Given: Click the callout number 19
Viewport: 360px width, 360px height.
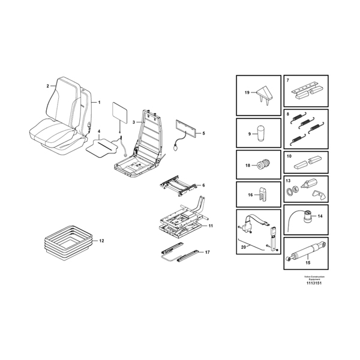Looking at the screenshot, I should point(246,93).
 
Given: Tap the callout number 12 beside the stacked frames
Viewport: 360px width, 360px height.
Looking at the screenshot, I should point(101,241).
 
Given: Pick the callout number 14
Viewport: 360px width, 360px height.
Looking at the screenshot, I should point(320,215).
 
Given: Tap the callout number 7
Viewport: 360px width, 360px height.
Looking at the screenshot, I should point(289,80).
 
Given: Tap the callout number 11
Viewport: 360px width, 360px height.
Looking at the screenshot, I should point(211,226).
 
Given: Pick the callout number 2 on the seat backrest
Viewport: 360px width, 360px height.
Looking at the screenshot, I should point(47,86).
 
